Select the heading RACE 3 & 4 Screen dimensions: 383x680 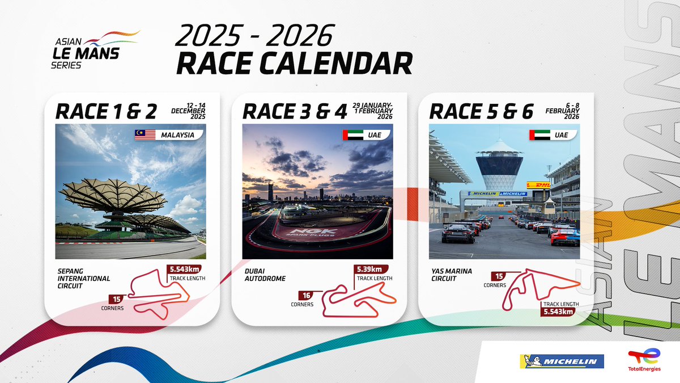coord(294,111)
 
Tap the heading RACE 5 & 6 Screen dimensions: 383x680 coord(481,111)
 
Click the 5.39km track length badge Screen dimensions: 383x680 coord(372,269)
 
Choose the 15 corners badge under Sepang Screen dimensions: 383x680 coord(116,299)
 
